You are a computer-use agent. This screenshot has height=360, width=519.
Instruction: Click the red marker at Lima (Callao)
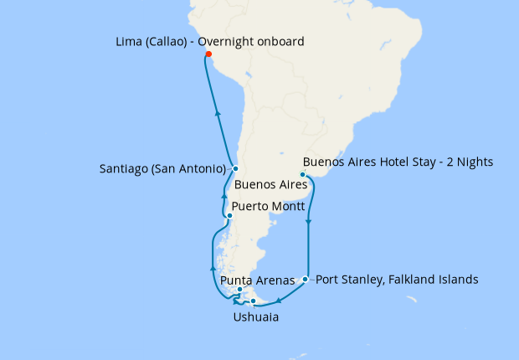pyautogui.click(x=208, y=56)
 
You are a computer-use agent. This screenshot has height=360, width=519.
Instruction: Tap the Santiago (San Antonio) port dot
pyautogui.click(x=236, y=168)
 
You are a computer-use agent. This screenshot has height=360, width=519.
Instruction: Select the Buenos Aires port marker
pyautogui.click(x=302, y=175)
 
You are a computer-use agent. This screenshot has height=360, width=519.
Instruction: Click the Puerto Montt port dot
pyautogui.click(x=229, y=215)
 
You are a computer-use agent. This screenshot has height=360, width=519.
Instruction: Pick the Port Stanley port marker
pyautogui.click(x=306, y=279)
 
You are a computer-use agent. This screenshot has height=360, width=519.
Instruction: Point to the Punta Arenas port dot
pyautogui.click(x=240, y=290)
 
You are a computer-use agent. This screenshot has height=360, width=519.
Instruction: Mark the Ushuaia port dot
pyautogui.click(x=254, y=301)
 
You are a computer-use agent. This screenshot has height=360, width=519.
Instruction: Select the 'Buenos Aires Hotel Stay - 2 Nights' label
pyautogui.click(x=398, y=161)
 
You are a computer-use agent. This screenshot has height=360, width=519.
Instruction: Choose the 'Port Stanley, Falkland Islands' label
pyautogui.click(x=398, y=279)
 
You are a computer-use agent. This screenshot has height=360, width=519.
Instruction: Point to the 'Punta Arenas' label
pyautogui.click(x=257, y=281)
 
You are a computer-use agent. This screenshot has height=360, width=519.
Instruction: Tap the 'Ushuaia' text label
pyautogui.click(x=255, y=317)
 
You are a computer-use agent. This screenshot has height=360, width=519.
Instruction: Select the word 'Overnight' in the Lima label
pyautogui.click(x=221, y=40)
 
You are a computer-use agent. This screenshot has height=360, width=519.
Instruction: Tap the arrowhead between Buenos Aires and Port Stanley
pyautogui.click(x=310, y=223)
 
